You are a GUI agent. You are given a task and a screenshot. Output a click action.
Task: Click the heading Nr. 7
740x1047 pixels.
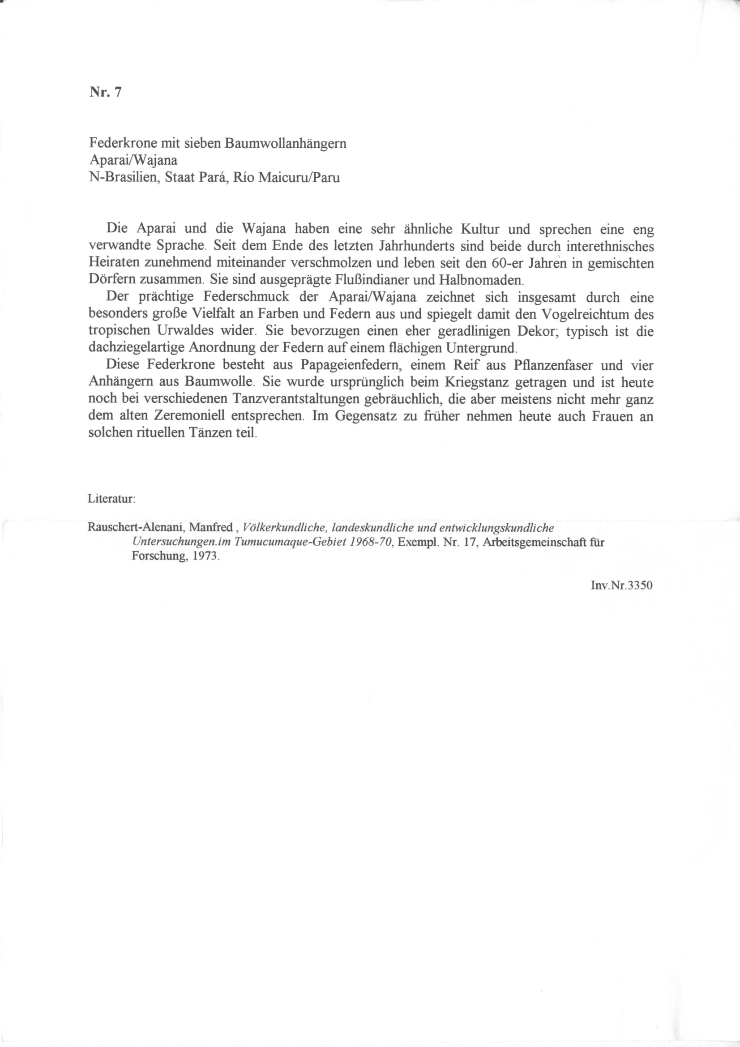[x=105, y=93]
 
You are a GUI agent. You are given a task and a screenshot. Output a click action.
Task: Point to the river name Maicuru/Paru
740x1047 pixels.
[x=299, y=177]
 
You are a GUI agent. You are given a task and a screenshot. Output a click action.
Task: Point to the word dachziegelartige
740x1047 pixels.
[x=137, y=348]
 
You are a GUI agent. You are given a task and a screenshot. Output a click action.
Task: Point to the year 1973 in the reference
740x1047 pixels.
[x=206, y=557]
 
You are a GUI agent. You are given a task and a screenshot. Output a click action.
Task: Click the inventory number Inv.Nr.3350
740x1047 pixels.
[x=621, y=585]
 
